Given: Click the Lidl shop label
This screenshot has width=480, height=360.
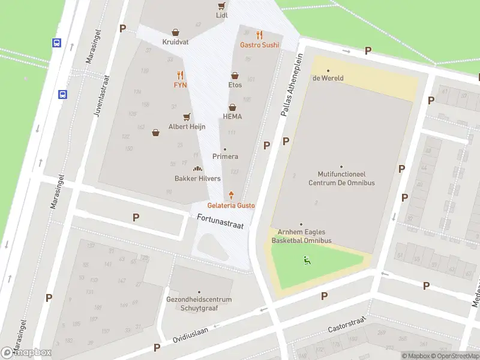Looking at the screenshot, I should pyautogui.click(x=222, y=14).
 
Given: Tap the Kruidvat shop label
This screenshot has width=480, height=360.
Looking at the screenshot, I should pyautogui.click(x=175, y=42).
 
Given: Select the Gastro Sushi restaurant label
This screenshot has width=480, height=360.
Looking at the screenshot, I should pyautogui.click(x=259, y=45).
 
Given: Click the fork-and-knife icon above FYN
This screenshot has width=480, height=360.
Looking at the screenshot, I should pyautogui.click(x=180, y=74).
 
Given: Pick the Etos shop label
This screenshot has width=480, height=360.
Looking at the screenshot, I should pyautogui.click(x=235, y=85).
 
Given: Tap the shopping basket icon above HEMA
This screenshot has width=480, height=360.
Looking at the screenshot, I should pyautogui.click(x=232, y=107).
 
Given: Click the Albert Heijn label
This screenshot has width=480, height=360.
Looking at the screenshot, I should pyautogui.click(x=187, y=127).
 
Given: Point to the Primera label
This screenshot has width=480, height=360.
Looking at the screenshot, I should pyautogui.click(x=225, y=157).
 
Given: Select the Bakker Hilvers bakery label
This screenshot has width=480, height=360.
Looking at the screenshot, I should pyautogui.click(x=197, y=178).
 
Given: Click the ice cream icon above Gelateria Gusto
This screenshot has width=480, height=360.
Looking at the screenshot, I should pyautogui.click(x=232, y=194).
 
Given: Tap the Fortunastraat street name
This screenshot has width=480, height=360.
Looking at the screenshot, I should pyautogui.click(x=220, y=221).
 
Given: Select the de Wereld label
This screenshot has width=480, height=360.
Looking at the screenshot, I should pyautogui.click(x=328, y=78).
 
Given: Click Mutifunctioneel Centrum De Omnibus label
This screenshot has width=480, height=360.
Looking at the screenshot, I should pyautogui.click(x=341, y=179).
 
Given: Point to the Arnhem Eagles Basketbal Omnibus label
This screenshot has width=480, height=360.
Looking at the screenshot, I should pyautogui.click(x=301, y=236).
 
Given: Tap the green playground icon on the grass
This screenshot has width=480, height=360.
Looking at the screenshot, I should pyautogui.click(x=307, y=260).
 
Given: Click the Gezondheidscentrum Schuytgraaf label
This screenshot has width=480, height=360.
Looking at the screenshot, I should pyautogui.click(x=199, y=304).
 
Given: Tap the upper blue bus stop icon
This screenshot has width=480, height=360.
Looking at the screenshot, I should pyautogui.click(x=56, y=43).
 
